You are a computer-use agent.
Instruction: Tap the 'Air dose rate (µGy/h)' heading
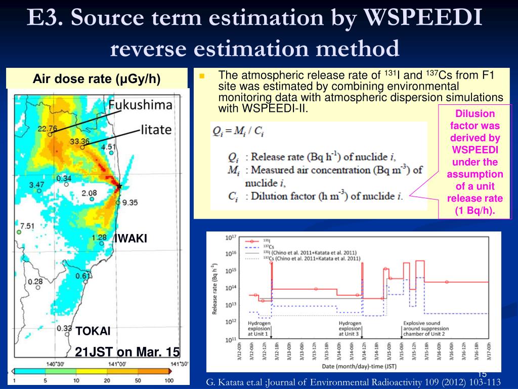96,79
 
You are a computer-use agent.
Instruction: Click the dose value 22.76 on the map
47,128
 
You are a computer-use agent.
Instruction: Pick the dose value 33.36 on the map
80,141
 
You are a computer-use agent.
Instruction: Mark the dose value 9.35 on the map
129,203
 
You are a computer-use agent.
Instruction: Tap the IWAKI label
131,239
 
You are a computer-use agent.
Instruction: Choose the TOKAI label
93,331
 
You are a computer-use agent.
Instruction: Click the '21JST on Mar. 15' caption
127,352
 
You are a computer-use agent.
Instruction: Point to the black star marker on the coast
119,186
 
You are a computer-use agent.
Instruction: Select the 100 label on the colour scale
169,380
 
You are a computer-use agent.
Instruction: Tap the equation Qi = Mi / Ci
238,132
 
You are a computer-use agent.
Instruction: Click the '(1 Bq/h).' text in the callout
474,210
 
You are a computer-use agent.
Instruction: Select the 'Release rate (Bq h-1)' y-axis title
214,288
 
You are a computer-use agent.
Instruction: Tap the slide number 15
482,374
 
